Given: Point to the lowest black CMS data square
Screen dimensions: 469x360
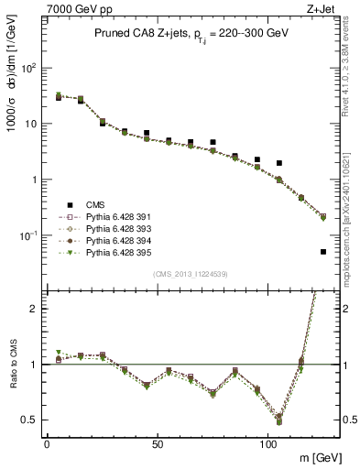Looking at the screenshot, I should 323,252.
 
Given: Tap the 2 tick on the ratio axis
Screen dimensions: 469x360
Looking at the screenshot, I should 34,308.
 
